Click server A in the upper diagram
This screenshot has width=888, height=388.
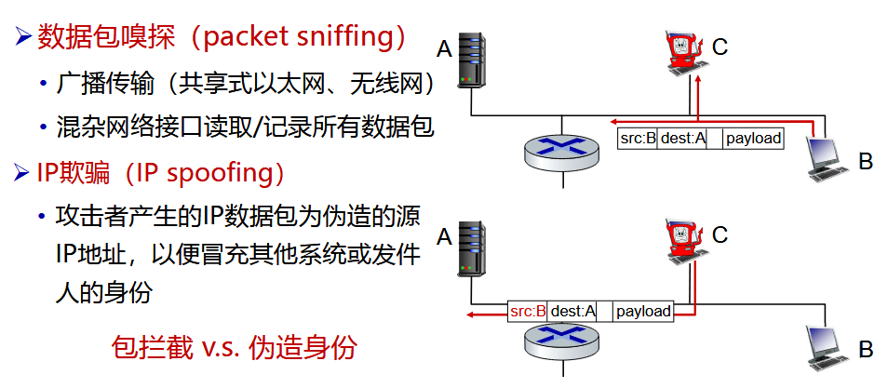click(473, 61)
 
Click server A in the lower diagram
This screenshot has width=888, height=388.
click(473, 248)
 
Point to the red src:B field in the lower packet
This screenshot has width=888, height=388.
click(528, 311)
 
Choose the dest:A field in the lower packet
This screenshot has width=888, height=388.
click(572, 311)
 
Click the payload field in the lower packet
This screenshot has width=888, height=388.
click(642, 311)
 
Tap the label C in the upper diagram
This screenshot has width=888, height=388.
click(720, 46)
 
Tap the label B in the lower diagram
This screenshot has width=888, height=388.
click(866, 350)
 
